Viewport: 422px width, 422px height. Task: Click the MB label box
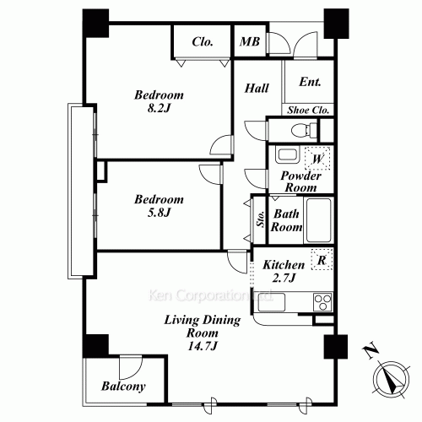click(249, 42)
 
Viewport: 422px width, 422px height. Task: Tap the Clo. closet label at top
click(202, 42)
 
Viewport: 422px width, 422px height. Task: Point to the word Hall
click(257, 89)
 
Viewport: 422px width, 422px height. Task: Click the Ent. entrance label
click(310, 84)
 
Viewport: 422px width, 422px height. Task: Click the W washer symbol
click(318, 158)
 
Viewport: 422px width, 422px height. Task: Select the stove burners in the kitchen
click(322, 301)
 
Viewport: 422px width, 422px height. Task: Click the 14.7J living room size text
click(202, 347)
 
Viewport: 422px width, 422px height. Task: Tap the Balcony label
click(123, 387)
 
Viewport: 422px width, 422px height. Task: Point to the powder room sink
click(288, 157)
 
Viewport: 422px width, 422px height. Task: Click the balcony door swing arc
click(131, 367)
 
